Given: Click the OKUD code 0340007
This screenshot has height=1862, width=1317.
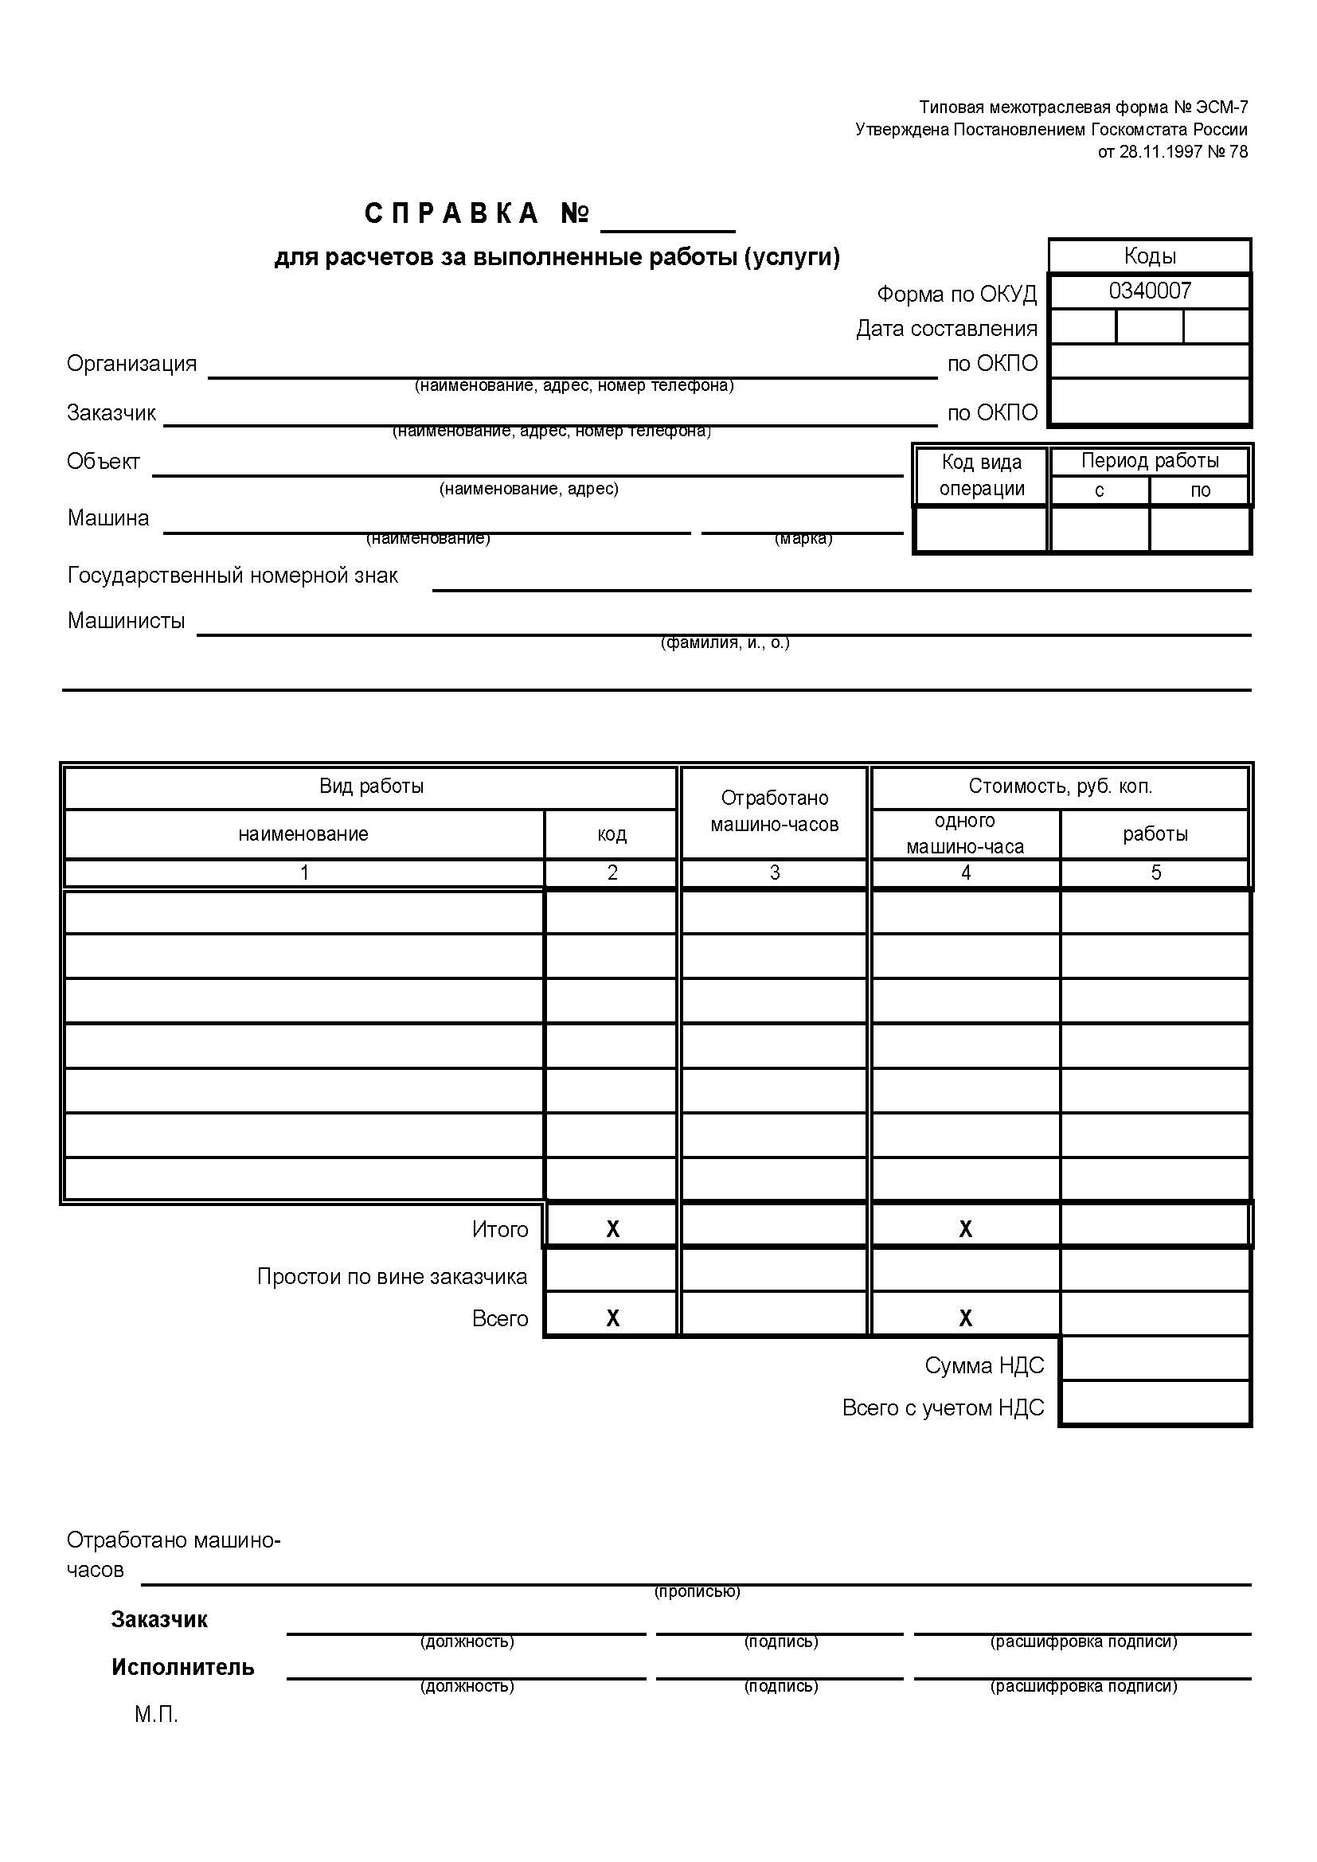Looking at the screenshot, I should coord(1149,291).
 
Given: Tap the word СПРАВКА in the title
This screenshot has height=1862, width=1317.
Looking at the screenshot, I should coord(451,213).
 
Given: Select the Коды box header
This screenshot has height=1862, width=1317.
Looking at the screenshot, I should coord(1149,256).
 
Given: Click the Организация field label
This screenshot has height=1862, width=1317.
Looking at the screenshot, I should coord(131,363).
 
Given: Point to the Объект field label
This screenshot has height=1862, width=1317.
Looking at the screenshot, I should coord(103,462).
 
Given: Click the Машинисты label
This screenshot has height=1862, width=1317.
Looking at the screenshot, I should coord(126,620).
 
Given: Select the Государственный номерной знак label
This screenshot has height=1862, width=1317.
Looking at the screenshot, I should coord(232,575).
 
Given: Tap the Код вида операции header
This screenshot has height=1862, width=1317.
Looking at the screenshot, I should coord(981,475).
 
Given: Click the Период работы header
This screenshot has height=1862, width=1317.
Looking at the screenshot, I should coord(1149,461).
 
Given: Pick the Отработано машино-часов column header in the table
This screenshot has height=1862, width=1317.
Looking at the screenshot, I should coord(775,811).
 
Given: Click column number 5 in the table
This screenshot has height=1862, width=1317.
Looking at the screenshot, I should coord(1155,872).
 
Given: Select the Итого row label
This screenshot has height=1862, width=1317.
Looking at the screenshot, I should coord(499,1229).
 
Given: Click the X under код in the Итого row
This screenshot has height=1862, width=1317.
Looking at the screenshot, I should coord(612,1229).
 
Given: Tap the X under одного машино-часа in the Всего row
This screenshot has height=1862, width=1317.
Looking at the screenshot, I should coord(965,1318).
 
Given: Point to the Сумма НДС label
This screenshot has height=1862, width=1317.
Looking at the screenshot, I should coord(983,1366).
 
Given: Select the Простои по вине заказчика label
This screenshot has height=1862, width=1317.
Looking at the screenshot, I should coord(392,1276).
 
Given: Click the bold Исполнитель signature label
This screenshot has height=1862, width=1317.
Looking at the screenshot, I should coord(182,1668).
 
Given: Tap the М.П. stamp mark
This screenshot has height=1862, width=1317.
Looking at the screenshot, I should coord(156,1715).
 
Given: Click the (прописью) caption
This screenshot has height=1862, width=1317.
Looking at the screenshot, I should coord(697,1592).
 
